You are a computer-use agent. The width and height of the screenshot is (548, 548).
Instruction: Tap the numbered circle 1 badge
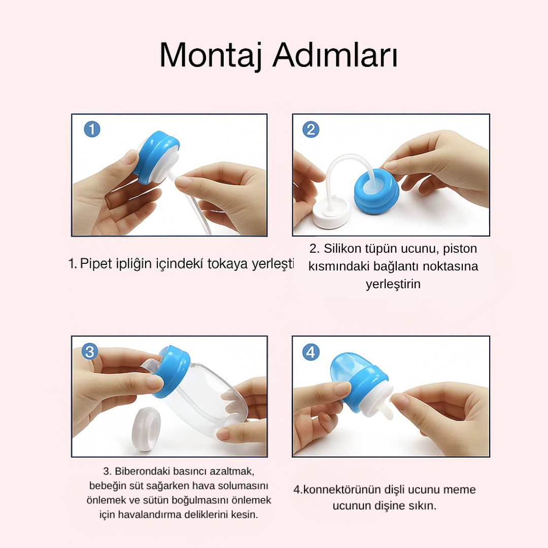coord(92,129)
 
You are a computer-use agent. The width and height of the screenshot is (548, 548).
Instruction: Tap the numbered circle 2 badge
coord(311,129)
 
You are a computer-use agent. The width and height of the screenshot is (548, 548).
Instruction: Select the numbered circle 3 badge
coord(90,351)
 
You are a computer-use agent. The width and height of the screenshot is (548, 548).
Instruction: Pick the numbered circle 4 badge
coord(311,352)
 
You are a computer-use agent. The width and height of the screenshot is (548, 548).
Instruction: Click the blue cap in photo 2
coord(376,191)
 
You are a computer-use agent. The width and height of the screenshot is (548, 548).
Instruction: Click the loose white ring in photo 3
coord(146,428)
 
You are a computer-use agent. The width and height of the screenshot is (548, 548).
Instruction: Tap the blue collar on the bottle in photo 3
coord(172,371)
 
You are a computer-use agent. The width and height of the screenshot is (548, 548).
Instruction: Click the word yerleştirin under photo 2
coord(393,284)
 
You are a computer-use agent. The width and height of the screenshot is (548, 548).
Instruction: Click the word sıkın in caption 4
coord(423,506)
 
